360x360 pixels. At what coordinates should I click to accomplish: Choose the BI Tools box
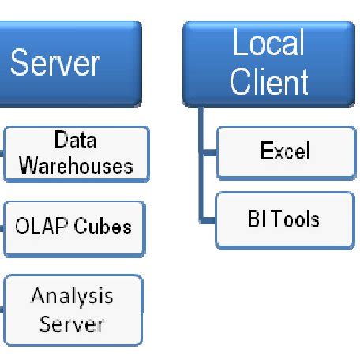(x=282, y=219)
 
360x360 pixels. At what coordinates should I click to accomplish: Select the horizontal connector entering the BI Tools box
(x=209, y=219)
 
